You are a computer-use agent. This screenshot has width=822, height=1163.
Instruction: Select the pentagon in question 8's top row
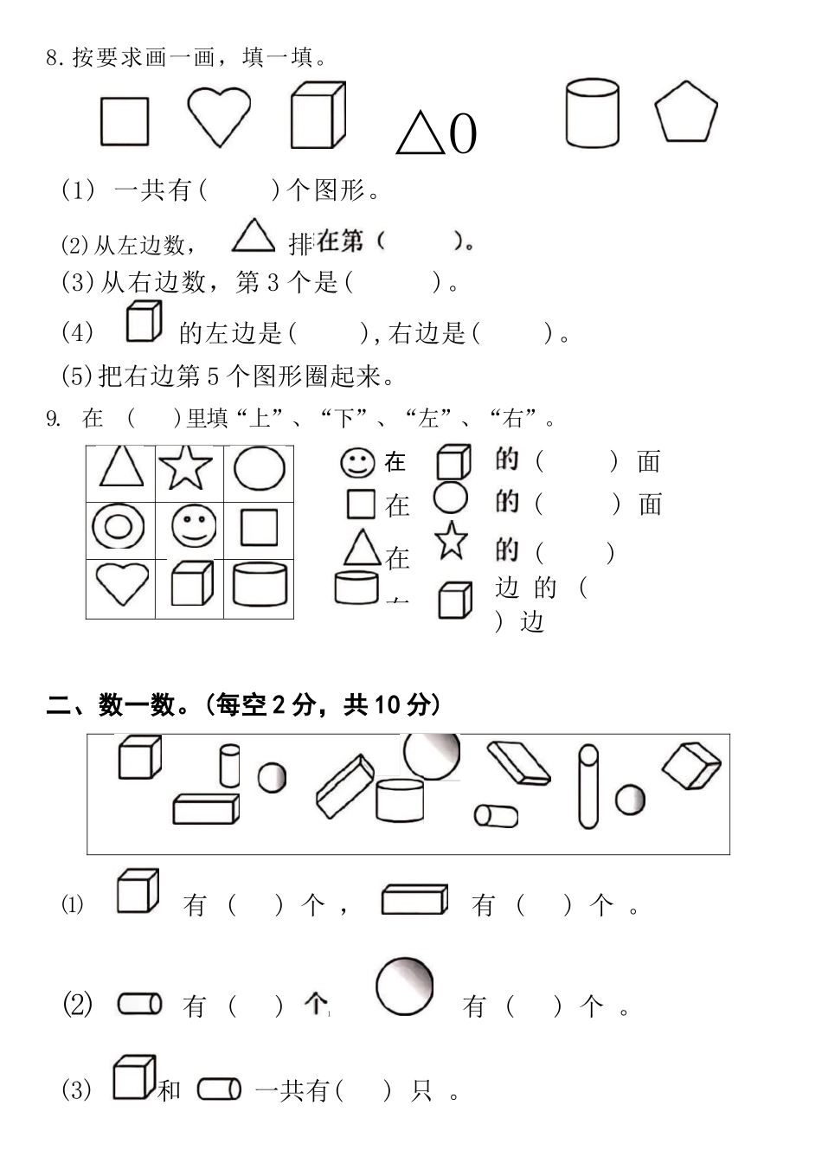pyautogui.click(x=685, y=113)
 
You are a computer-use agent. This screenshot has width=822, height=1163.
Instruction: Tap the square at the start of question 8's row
pyautogui.click(x=125, y=121)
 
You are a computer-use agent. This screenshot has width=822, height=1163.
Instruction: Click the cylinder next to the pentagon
pyautogui.click(x=593, y=113)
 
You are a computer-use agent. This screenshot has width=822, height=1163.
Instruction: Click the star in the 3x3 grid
pyautogui.click(x=187, y=468)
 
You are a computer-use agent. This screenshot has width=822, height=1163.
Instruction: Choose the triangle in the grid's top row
pyautogui.click(x=121, y=466)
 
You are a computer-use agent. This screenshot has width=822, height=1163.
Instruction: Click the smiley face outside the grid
pyautogui.click(x=356, y=462)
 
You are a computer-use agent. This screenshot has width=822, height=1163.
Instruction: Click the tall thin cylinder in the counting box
pyautogui.click(x=588, y=786)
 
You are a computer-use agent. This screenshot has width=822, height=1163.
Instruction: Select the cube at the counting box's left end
pyautogui.click(x=138, y=757)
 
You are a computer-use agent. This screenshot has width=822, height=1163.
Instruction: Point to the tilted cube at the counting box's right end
pyautogui.click(x=691, y=765)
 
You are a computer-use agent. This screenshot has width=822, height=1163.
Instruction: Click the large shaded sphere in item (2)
pyautogui.click(x=404, y=986)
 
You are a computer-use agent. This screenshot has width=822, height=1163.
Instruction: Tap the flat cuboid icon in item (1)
pyautogui.click(x=414, y=899)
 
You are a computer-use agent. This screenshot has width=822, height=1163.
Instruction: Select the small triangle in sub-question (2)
pyautogui.click(x=253, y=235)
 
